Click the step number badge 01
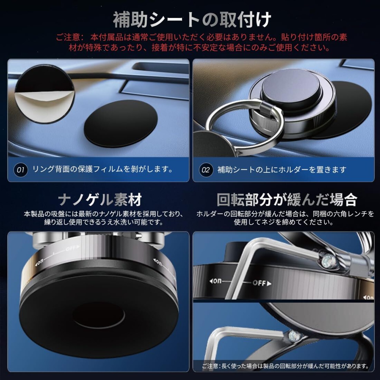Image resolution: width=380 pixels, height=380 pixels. click(20, 170)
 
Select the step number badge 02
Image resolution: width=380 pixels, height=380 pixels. click(206, 170)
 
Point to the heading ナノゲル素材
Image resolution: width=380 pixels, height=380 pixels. click(100, 200)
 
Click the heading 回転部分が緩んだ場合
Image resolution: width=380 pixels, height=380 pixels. click(287, 200)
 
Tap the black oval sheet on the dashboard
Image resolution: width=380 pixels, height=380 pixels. click(121, 124)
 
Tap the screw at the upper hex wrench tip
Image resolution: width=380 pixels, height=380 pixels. click(327, 261)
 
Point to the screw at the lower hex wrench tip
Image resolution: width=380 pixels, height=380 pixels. click(294, 335)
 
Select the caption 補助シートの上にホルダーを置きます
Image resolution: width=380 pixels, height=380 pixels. click(282, 170)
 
